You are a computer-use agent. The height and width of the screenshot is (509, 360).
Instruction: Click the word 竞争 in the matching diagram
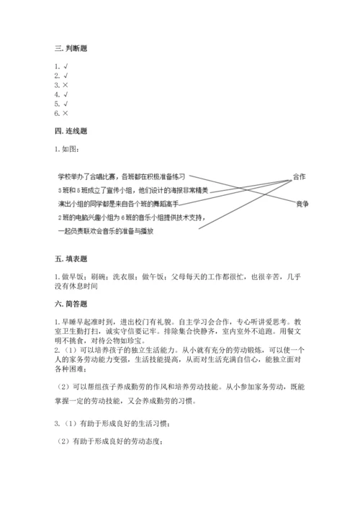click(302, 204)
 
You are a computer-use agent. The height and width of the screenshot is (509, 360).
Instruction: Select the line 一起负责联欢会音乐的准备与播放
click(108, 231)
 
